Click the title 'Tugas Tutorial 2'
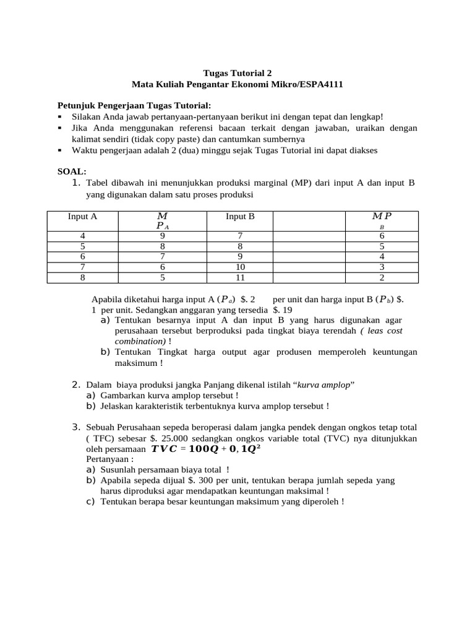pyautogui.click(x=237, y=72)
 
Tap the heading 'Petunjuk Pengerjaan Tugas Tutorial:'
pyautogui.click(x=134, y=105)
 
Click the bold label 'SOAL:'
pyautogui.click(x=72, y=172)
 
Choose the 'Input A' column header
pyautogui.click(x=83, y=217)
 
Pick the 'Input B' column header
pyautogui.click(x=240, y=217)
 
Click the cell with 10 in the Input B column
pyautogui.click(x=240, y=267)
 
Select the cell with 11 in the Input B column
pyautogui.click(x=240, y=277)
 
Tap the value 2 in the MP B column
pyautogui.click(x=382, y=277)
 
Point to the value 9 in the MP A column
pyautogui.click(x=162, y=236)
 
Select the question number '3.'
pyautogui.click(x=77, y=427)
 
